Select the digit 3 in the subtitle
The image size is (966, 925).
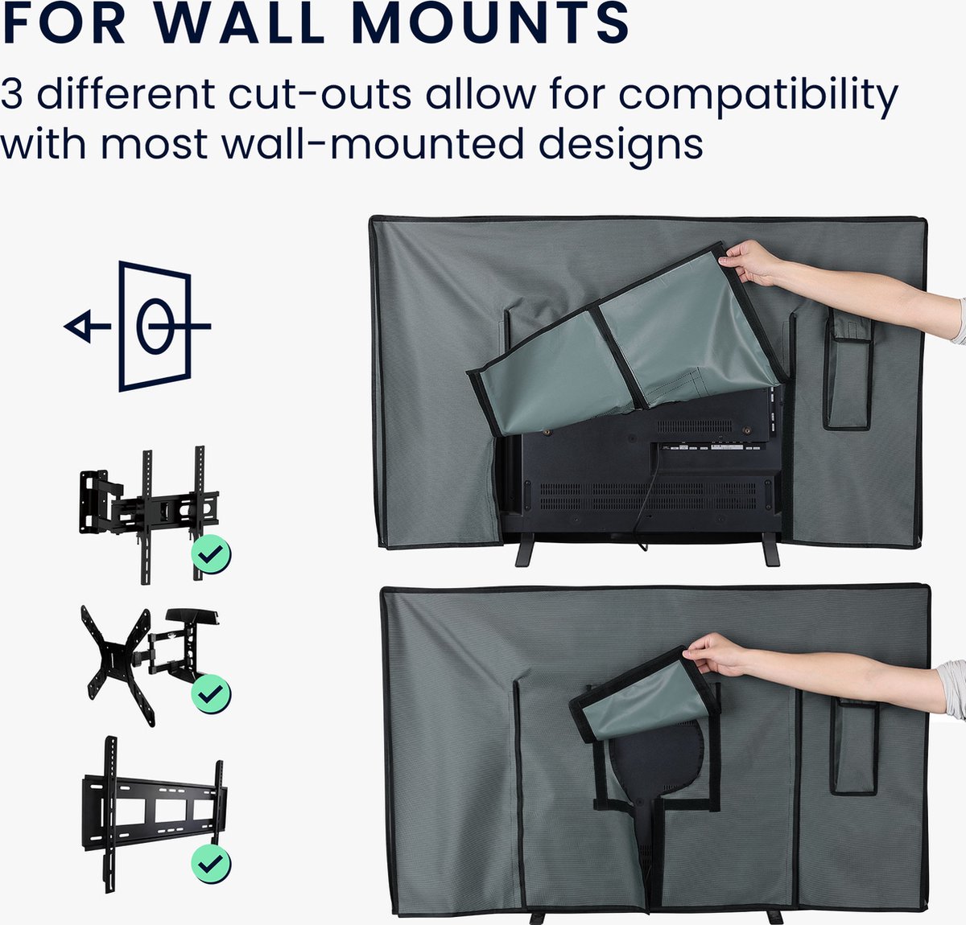point(11,93)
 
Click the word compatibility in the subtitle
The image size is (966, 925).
point(758,97)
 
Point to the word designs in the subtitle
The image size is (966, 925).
point(621,146)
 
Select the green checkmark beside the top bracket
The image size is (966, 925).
point(211,554)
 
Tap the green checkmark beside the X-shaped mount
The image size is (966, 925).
point(211,693)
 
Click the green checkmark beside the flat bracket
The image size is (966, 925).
point(211,865)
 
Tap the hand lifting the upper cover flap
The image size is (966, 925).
point(750,262)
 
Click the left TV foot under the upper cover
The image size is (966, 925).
point(525,549)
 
